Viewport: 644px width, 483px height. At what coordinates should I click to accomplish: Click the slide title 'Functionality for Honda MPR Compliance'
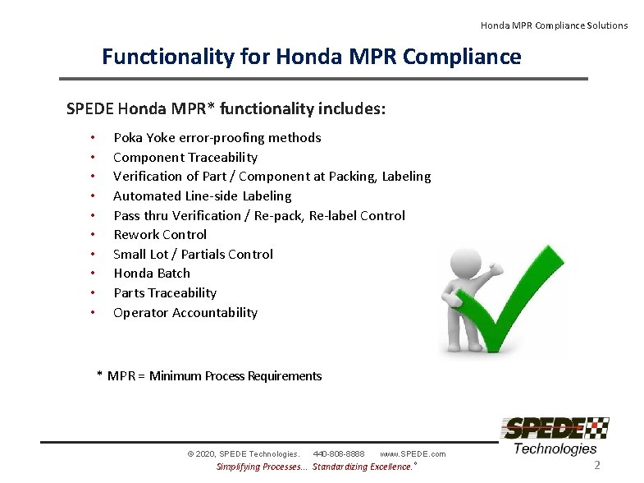(311, 57)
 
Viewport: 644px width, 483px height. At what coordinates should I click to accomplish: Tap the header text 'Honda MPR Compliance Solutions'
(554, 25)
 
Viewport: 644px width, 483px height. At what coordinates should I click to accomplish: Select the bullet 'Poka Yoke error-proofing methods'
(217, 138)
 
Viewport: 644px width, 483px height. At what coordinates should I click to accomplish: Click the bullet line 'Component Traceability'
(185, 158)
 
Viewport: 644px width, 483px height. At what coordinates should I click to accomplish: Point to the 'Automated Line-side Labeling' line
(202, 196)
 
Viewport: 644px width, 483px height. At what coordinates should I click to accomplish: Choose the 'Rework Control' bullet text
(160, 235)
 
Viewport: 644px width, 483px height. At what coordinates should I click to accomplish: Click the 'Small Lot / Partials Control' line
(193, 255)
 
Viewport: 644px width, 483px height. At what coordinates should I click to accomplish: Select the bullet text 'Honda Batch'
(151, 274)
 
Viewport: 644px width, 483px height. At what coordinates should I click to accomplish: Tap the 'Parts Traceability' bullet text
(164, 293)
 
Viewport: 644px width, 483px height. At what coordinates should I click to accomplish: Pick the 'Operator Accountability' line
(185, 313)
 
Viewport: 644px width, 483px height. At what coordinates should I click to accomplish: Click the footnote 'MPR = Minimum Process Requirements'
(214, 376)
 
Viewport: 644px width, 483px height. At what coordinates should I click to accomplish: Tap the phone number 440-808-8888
(339, 453)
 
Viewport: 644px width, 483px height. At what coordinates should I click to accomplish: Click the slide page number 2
(597, 466)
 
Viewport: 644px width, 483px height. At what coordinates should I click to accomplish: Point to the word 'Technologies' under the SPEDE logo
(555, 448)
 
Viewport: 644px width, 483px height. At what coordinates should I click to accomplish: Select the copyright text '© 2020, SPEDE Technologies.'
(244, 453)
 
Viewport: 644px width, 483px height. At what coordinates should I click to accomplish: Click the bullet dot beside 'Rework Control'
(94, 235)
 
